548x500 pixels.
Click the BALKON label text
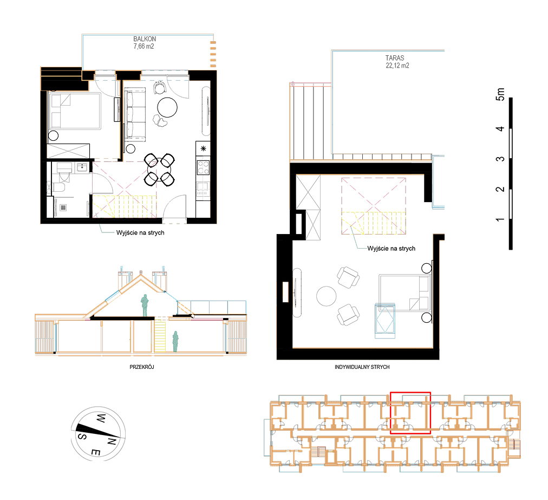[x=145, y=39]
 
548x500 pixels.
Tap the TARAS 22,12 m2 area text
[x=397, y=62]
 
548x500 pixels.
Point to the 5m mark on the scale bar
[x=500, y=94]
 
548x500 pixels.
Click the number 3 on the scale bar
[x=500, y=159]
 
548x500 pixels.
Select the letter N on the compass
[x=112, y=441]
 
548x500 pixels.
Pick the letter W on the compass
[x=101, y=418]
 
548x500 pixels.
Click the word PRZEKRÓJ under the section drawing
[x=141, y=367]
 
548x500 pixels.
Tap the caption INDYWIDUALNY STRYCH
[x=362, y=367]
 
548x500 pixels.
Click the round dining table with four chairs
[x=159, y=170]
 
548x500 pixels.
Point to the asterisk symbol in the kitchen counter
[x=204, y=148]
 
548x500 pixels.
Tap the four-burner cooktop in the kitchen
[x=203, y=167]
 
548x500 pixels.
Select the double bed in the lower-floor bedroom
[x=74, y=111]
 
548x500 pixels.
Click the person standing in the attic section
[x=145, y=305]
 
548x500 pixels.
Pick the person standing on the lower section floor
[x=175, y=342]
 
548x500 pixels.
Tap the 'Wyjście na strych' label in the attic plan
[x=392, y=249]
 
